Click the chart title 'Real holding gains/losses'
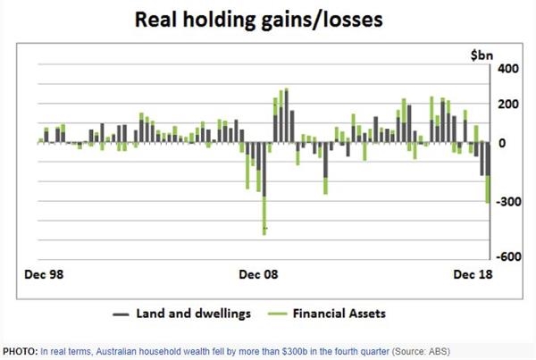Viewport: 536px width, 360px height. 267,19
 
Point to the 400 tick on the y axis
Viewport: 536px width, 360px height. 508,70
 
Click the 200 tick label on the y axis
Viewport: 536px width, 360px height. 508,105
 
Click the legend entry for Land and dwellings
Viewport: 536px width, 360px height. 193,314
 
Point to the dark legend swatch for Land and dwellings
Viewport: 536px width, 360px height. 121,314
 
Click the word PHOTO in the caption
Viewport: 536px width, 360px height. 20,351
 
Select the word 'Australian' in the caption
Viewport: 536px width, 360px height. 113,351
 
